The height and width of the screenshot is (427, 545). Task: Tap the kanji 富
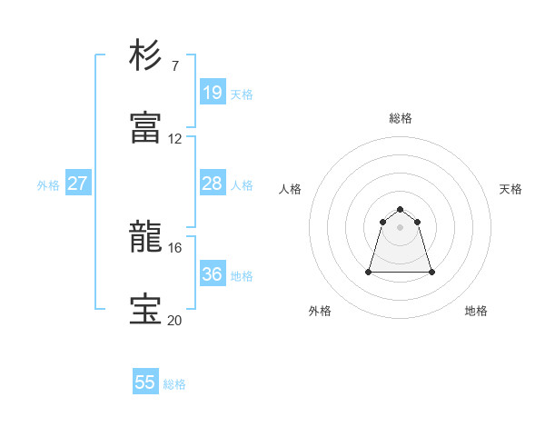pos(145,128)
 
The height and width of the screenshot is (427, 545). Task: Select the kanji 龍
pos(145,238)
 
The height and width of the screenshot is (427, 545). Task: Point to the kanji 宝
pos(145,311)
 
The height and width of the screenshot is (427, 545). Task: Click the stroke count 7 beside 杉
pos(175,65)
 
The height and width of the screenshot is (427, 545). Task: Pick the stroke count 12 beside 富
pos(175,139)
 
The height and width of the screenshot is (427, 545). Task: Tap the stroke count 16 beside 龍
pos(175,248)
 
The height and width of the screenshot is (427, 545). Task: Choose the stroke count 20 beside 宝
pos(175,321)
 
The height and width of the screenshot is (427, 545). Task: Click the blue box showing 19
pos(212,92)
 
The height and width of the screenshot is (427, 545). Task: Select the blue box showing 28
pos(212,184)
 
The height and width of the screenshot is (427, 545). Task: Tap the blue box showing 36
pos(212,274)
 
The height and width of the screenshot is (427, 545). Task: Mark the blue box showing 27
pos(77,184)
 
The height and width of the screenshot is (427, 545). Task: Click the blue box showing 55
pos(145,382)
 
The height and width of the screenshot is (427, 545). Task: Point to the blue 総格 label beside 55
pos(174,384)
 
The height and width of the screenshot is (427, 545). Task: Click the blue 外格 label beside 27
pos(48,185)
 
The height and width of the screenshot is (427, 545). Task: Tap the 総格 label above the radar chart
pos(401,118)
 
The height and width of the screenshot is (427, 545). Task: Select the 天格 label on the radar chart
pos(510,189)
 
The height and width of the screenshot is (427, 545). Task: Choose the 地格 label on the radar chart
pos(476,311)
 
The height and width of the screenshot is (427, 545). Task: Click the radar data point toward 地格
pos(431,272)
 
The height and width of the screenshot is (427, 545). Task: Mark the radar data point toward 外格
pos(370,272)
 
